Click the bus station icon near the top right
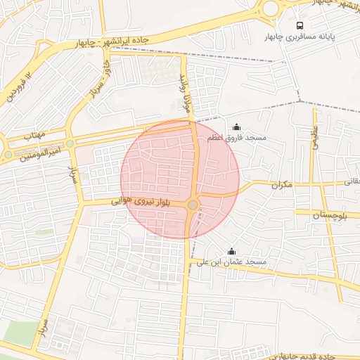tap(301, 25)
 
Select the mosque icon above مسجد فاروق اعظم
tap(236, 127)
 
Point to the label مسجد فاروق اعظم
tap(237, 139)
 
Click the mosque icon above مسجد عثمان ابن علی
tap(231, 252)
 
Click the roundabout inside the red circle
tap(193, 205)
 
